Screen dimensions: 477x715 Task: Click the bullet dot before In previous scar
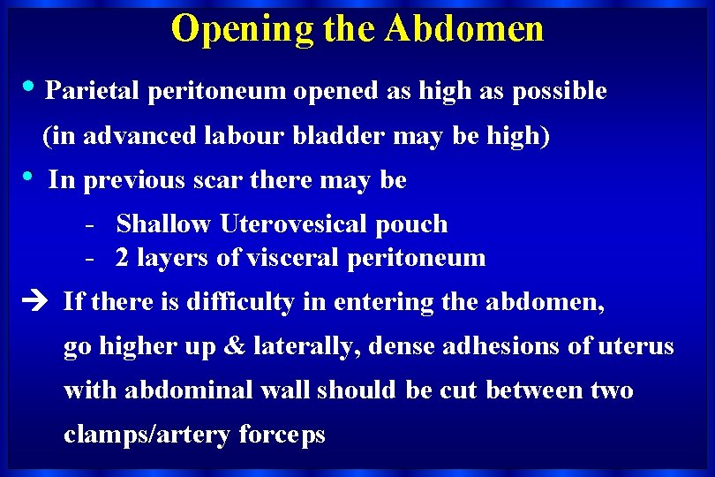click(32, 177)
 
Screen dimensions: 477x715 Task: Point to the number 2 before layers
click(123, 258)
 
